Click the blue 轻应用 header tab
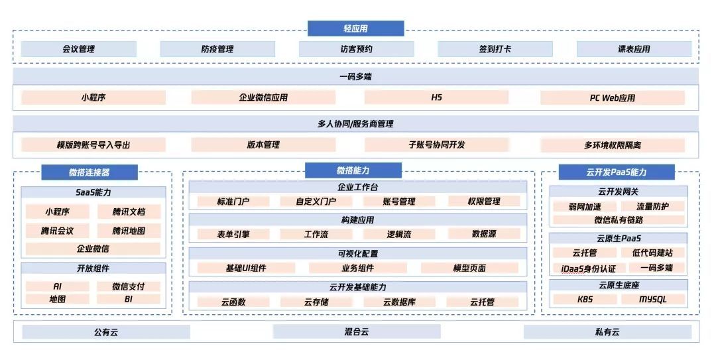click(355, 29)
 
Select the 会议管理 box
click(78, 49)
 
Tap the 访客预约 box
click(356, 49)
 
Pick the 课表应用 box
click(634, 49)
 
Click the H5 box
click(436, 97)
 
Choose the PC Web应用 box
click(612, 97)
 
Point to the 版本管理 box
click(263, 145)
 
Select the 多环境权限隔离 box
click(612, 145)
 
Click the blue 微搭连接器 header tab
click(89, 172)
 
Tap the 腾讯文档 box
click(129, 212)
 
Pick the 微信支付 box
click(129, 286)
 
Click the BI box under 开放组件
click(129, 299)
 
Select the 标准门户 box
click(233, 202)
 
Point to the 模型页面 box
click(469, 268)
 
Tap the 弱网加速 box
click(584, 206)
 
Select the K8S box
click(585, 299)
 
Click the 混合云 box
click(356, 331)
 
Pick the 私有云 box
click(607, 331)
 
